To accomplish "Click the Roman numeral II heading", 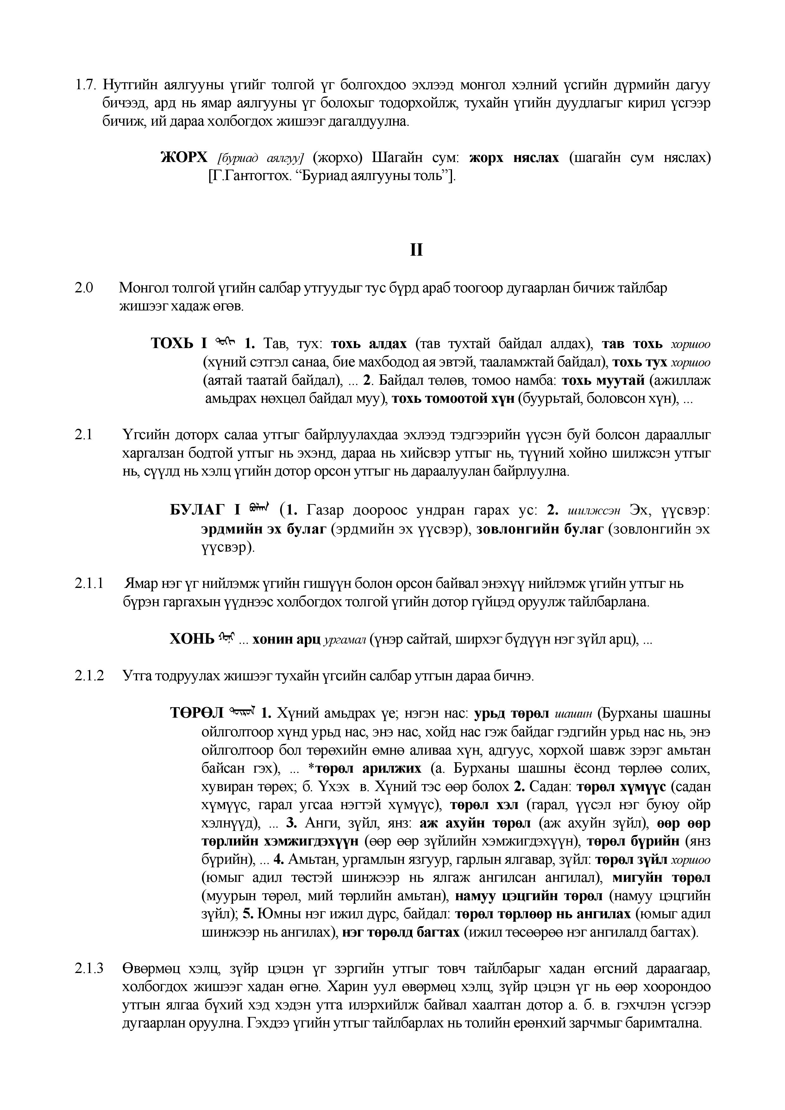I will [x=416, y=250].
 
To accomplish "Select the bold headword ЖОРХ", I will [x=184, y=158].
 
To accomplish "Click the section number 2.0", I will [x=83, y=288].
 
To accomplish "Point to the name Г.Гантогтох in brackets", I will [x=252, y=176].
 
